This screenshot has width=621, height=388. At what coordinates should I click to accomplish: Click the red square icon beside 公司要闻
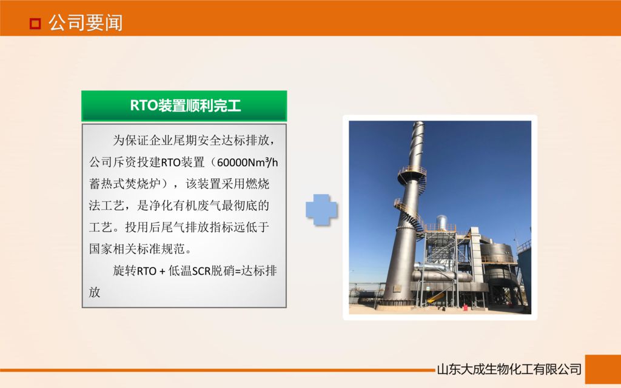pos(35,24)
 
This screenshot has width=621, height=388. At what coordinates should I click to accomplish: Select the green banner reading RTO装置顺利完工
pos(184,106)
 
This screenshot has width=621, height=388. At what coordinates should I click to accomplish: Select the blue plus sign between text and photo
pos(321,210)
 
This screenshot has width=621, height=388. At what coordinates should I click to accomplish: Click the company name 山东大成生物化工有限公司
pos(509,369)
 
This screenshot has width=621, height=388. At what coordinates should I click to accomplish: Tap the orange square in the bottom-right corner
pos(602,369)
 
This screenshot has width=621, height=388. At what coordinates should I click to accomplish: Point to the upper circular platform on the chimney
pos(412,172)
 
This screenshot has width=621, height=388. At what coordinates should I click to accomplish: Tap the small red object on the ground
pos(465,307)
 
